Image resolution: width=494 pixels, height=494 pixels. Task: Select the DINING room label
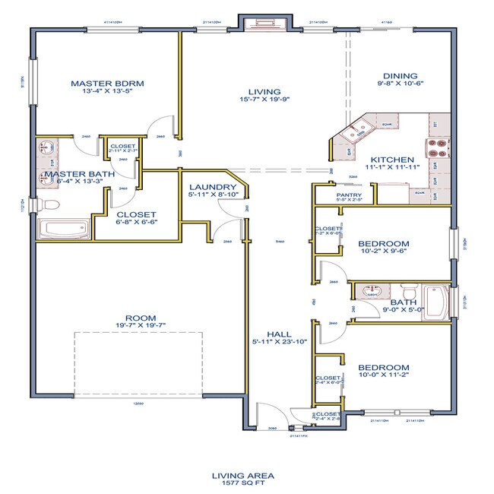coord(400,76)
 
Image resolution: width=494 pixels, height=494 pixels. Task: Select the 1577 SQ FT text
coord(242,483)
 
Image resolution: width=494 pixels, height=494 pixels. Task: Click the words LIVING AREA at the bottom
coord(242,475)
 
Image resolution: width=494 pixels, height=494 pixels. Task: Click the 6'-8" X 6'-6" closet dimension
coord(136,224)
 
